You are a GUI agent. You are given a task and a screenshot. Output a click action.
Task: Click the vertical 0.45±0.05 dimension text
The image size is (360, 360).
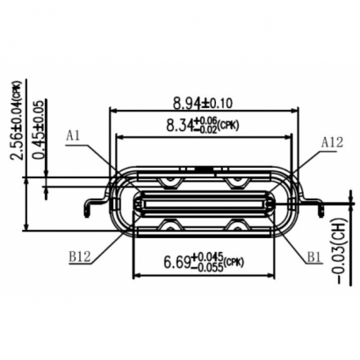point(38,122)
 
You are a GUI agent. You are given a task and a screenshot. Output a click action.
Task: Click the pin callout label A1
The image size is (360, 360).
point(75,135)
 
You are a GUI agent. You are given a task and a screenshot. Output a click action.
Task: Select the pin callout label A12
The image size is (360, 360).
point(332,140)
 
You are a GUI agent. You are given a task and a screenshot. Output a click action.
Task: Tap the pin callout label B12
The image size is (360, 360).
point(79,258)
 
